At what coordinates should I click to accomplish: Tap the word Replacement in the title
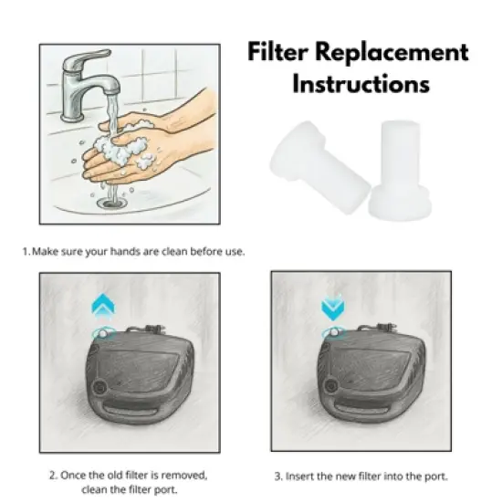(397, 52)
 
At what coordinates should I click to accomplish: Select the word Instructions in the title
(361, 84)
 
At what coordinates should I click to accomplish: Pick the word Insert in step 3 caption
(303, 476)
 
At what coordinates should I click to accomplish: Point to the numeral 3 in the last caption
(277, 476)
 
